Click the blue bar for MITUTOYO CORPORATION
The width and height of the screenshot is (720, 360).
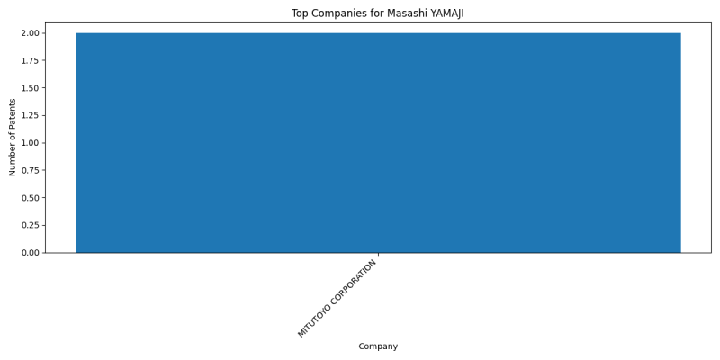(x=378, y=142)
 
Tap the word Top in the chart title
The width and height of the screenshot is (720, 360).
(x=298, y=13)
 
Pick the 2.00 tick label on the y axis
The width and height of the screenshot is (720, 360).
(x=31, y=33)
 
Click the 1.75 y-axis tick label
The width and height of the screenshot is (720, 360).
(x=31, y=60)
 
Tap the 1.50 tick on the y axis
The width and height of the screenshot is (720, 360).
(x=31, y=88)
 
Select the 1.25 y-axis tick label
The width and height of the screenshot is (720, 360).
(x=31, y=116)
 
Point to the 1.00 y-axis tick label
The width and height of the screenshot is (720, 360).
(x=31, y=143)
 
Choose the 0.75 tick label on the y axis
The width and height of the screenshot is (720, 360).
(x=31, y=170)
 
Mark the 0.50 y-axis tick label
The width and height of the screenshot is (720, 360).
(x=31, y=198)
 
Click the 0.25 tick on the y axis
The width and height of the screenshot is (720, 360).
(x=31, y=226)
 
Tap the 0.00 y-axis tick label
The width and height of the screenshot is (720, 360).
(x=31, y=253)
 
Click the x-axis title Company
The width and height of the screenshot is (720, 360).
(x=378, y=346)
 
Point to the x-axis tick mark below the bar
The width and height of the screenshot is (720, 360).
(x=378, y=255)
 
